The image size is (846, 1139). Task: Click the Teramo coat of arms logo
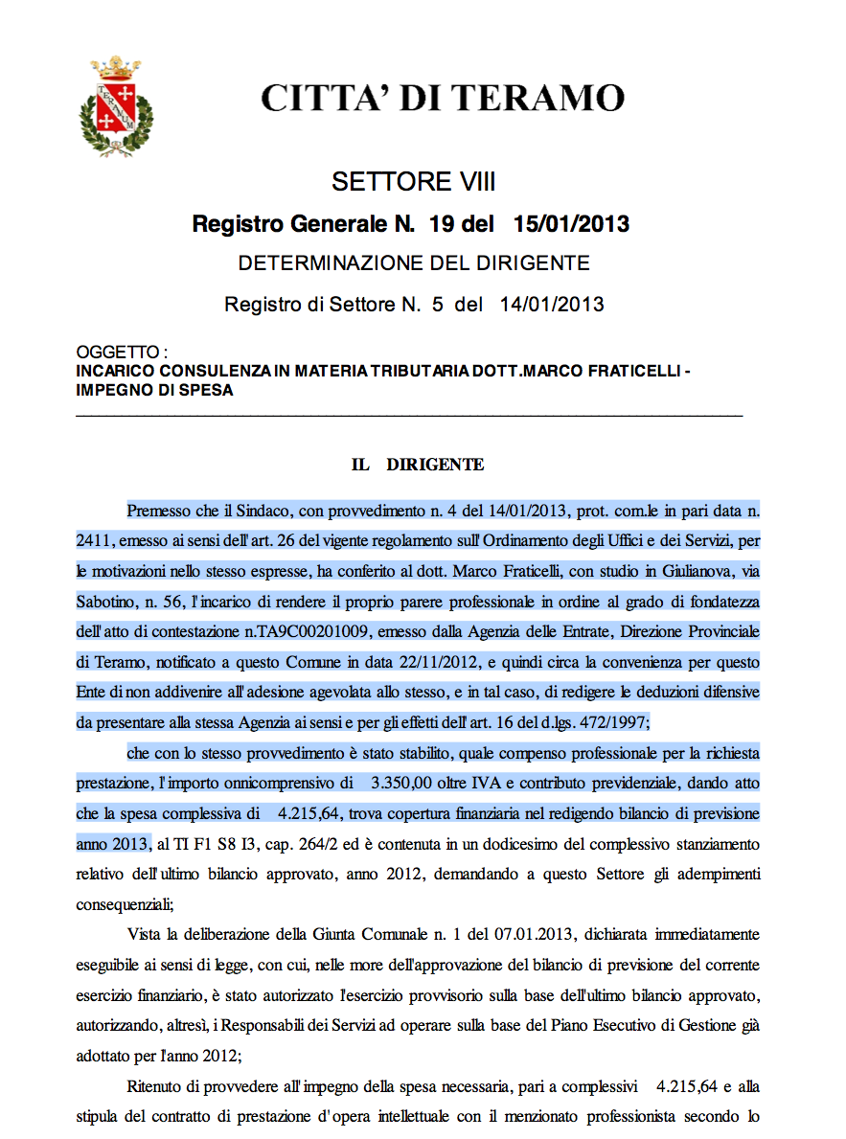(x=115, y=105)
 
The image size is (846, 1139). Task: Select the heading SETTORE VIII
(x=413, y=182)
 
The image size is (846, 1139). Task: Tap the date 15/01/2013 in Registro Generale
(x=571, y=224)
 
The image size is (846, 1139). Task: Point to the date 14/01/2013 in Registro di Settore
(x=551, y=305)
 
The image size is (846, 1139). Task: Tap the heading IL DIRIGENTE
(x=418, y=465)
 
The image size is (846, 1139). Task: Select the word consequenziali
(x=122, y=903)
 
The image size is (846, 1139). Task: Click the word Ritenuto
(x=156, y=1087)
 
